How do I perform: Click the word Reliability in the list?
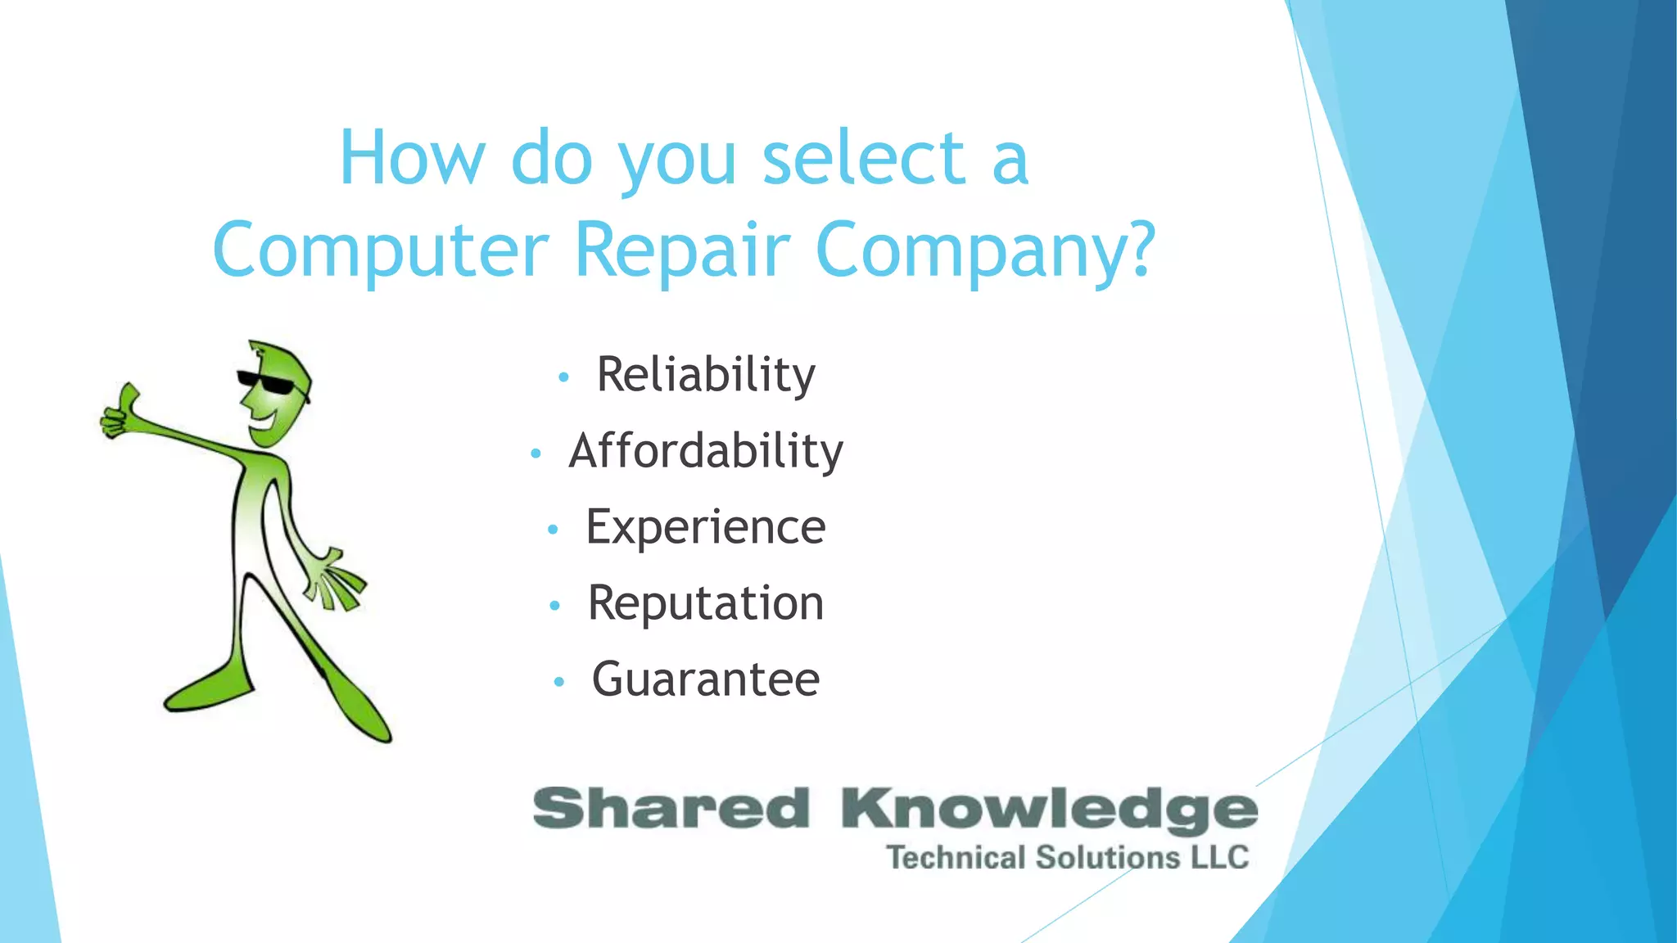(706, 375)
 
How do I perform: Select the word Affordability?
(706, 451)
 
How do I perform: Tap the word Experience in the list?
(706, 526)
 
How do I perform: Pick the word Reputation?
(706, 603)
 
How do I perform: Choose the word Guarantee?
(706, 679)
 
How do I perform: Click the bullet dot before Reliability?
(563, 377)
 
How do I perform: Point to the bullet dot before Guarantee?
(559, 681)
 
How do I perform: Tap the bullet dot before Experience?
(553, 530)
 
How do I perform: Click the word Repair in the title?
(682, 249)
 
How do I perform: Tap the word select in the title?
(864, 157)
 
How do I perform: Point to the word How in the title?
(412, 157)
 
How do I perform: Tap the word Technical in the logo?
(956, 857)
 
